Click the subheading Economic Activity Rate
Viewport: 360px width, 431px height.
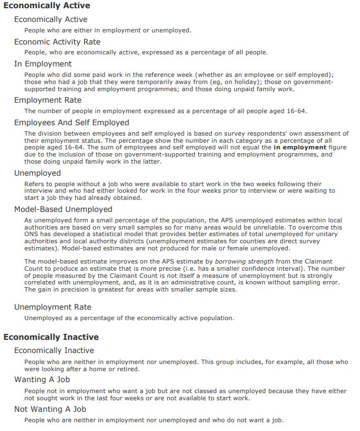tap(57, 42)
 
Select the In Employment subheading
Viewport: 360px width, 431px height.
tap(43, 64)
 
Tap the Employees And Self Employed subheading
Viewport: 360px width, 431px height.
tap(71, 122)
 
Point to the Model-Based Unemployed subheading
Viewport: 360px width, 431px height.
tap(63, 209)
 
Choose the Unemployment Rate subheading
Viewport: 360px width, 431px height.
tap(53, 307)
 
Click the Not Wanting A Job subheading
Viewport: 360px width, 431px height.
tap(50, 409)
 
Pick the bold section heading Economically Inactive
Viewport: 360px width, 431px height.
tap(51, 337)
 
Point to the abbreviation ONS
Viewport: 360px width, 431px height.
tap(32, 234)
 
